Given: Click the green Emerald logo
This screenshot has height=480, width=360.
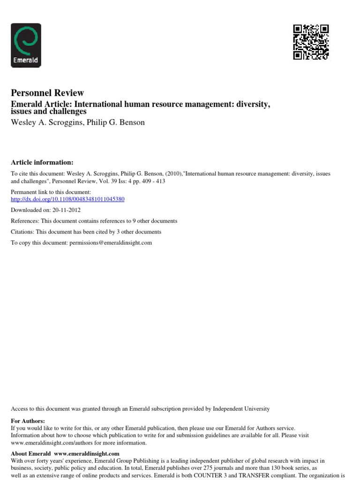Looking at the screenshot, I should pos(26,45).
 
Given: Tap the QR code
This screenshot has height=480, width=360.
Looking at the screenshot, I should pos(311,42).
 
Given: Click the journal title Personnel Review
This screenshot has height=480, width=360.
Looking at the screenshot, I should pos(47,93).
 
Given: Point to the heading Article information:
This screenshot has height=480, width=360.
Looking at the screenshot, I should pos(42,162).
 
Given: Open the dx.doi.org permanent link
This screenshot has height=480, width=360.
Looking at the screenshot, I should pos(67,199).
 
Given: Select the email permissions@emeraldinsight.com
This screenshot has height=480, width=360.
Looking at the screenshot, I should pos(111,243).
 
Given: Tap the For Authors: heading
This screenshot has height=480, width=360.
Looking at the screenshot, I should pos(28,421).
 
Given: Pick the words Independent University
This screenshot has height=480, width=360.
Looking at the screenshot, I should pos(241,409).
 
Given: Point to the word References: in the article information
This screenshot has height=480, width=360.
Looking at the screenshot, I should pos(24,221).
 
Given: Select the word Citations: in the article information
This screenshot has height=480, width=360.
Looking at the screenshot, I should pos(22,232).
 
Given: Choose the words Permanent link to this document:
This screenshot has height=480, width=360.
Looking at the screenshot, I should pos(44,192).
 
